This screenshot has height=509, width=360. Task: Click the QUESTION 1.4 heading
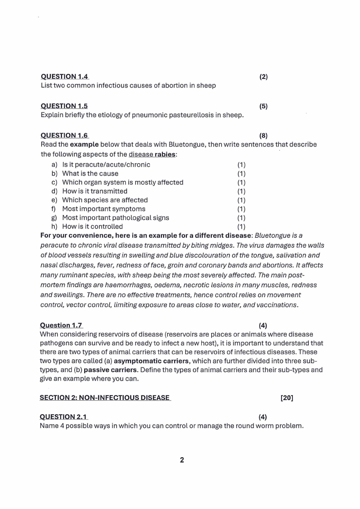click(64, 77)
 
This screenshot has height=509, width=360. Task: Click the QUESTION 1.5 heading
click(64, 106)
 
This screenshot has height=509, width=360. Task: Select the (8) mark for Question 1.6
click(263, 135)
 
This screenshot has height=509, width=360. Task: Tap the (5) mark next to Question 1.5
click(263, 106)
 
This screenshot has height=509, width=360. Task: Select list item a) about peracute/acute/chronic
click(106, 165)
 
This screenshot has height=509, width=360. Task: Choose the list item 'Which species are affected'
click(105, 200)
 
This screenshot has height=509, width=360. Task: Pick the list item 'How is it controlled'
click(92, 226)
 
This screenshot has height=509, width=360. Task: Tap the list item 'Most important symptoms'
click(103, 209)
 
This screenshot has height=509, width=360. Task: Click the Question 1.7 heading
click(61, 325)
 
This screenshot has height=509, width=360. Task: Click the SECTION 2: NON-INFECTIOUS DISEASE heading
click(105, 398)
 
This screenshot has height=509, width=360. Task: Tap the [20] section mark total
click(287, 398)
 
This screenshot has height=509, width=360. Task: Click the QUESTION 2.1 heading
click(63, 417)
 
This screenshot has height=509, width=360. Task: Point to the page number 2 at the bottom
click(182, 460)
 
